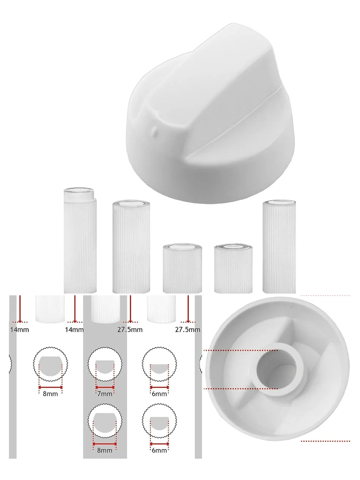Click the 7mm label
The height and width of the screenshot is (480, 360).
point(105,394)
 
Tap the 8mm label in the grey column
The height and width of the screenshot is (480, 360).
point(104,450)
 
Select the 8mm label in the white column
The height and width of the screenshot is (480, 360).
point(50,394)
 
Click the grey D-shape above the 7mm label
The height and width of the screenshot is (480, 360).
point(105,366)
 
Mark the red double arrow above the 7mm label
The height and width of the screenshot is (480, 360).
point(105,387)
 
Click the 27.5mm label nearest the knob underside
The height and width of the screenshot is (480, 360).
point(187,330)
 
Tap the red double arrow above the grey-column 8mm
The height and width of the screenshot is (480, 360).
point(104,444)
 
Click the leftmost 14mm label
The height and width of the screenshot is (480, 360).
point(19,330)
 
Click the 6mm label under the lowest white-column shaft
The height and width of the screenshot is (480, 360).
point(159,450)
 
